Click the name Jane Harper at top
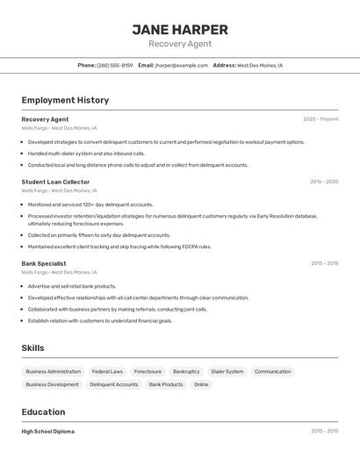(180, 29)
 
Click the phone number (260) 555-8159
(115, 65)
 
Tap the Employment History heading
(65, 100)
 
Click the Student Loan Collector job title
(55, 182)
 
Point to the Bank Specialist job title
(44, 263)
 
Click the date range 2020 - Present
(320, 119)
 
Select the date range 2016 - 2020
(324, 182)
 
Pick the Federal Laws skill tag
(107, 371)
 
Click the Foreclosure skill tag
(148, 371)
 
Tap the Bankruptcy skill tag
(186, 371)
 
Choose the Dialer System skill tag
(227, 371)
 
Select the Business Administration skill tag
(53, 371)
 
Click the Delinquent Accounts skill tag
(113, 384)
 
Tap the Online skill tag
(201, 384)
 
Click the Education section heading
(43, 412)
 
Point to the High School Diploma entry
(48, 432)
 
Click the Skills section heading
(32, 348)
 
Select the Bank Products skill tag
(166, 384)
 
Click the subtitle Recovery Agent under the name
(180, 44)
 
